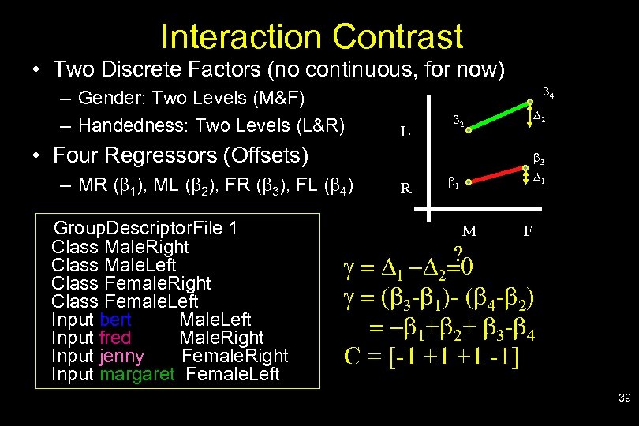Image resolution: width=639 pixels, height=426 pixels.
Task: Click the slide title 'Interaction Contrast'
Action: coord(311,36)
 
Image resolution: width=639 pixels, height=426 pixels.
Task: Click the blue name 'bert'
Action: coord(115,319)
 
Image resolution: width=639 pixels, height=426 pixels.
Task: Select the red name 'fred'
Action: coord(116,338)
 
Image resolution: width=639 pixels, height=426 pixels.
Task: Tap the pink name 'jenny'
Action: coord(122,356)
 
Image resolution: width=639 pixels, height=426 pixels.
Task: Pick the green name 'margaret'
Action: coord(136,374)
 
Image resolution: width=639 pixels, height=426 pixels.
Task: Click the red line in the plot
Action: coord(497,176)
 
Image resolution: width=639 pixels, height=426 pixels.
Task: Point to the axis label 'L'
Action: coord(405,133)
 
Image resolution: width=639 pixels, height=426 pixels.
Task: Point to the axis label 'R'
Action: coord(405,189)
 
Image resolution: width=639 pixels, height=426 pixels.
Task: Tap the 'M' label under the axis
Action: coord(469,231)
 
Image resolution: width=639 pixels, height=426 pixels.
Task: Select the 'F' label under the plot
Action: coord(529,231)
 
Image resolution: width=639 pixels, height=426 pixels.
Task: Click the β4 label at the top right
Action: coord(548,92)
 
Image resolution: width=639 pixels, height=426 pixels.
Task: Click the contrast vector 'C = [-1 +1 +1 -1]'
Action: coord(431,356)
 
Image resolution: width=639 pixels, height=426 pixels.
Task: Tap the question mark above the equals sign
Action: coord(457,252)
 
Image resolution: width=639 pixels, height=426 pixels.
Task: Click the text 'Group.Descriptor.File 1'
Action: coord(144,229)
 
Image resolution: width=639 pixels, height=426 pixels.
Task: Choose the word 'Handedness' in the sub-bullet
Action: coord(121,125)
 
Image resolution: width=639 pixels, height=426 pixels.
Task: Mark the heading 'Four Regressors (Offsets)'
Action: coord(181,155)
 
